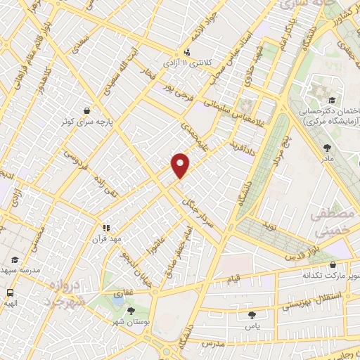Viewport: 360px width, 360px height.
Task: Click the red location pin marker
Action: tap(181, 165)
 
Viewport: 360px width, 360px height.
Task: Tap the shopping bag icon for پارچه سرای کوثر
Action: tap(86, 110)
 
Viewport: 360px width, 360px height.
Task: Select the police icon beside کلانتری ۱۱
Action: tap(187, 51)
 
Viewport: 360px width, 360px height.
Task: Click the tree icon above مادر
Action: tap(328, 148)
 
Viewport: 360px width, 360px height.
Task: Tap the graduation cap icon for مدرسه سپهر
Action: tap(16, 261)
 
